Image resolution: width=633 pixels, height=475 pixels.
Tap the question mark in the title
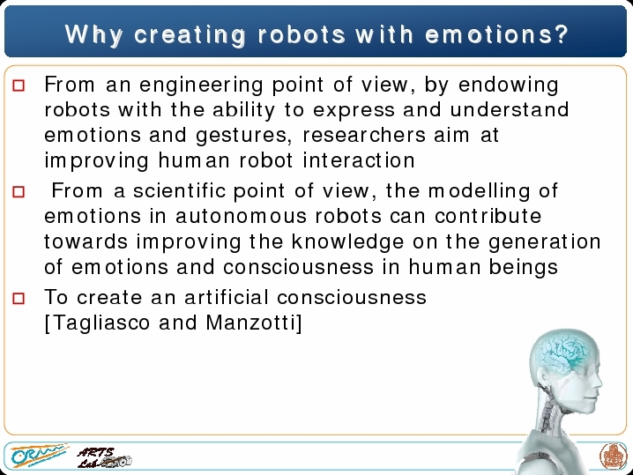(x=562, y=33)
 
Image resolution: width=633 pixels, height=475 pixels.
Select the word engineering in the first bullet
(x=201, y=85)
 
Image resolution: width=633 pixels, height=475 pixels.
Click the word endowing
(x=509, y=85)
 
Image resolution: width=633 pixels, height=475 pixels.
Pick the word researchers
(x=364, y=135)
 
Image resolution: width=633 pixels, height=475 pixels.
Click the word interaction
(x=359, y=160)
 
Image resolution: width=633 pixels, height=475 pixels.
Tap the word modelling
(x=480, y=191)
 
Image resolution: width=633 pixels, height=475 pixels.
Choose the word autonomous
(x=241, y=216)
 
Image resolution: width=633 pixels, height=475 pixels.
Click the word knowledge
(x=347, y=242)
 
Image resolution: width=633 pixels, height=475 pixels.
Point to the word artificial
(x=227, y=297)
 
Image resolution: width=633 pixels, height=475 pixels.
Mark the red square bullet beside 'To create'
(x=19, y=298)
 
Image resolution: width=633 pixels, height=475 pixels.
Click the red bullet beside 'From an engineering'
(x=19, y=85)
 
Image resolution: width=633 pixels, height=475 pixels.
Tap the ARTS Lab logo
(x=104, y=457)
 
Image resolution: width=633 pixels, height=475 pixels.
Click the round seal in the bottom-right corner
(x=613, y=456)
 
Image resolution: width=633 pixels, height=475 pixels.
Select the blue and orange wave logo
(x=39, y=456)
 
